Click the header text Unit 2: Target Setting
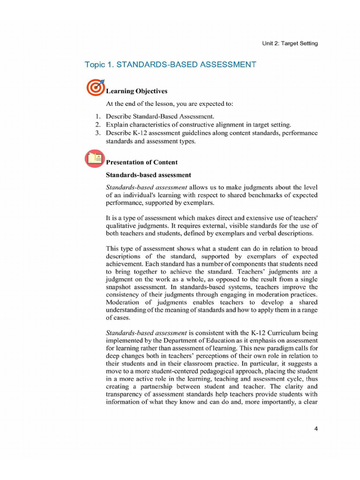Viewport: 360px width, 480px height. [290, 43]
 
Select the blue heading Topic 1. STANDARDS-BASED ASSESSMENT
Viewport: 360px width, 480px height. [170, 65]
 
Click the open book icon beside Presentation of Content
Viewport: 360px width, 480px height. [95, 159]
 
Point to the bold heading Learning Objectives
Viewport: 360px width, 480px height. [136, 91]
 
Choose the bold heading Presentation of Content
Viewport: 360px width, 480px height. [142, 162]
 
